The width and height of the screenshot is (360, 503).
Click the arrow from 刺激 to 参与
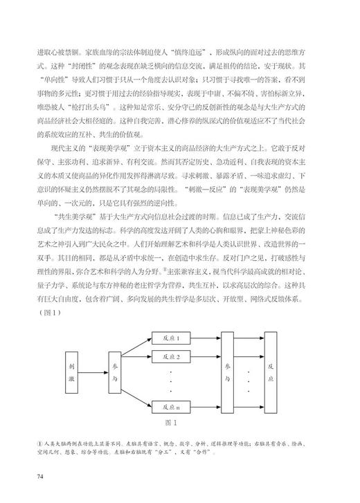[x=96, y=366]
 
